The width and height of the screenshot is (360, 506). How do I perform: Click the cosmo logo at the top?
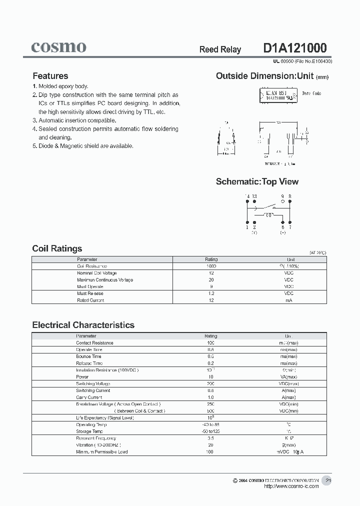[x=58, y=47]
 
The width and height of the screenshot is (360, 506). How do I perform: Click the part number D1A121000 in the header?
[x=294, y=48]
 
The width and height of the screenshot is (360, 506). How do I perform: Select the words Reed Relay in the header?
[x=220, y=49]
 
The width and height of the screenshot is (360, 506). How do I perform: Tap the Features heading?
[x=50, y=76]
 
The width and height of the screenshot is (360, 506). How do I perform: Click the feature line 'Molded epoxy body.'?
[x=63, y=86]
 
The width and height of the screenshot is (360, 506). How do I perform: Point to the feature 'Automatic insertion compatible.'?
[x=77, y=120]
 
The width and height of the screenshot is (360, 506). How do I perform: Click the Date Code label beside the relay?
[x=311, y=93]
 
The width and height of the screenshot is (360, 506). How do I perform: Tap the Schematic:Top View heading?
[x=257, y=181]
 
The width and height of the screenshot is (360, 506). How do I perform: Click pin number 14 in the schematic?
[x=246, y=196]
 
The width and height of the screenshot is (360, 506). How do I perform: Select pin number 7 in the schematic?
[x=290, y=227]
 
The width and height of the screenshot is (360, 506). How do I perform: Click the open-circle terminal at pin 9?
[x=282, y=201]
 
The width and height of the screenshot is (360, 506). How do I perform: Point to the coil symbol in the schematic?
[x=268, y=215]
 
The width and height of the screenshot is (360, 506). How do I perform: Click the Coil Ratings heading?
[x=57, y=248]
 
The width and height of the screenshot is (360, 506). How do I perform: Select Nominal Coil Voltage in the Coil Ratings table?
[x=96, y=273]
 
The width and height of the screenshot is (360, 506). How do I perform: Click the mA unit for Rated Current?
[x=288, y=300]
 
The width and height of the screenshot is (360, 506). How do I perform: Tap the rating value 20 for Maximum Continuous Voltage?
[x=210, y=280]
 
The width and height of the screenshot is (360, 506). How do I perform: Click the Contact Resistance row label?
[x=94, y=343]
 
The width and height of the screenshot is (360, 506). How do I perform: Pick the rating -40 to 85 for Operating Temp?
[x=210, y=424]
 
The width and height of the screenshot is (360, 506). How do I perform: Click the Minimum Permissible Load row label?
[x=101, y=451]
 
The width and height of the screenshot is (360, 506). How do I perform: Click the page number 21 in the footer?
[x=328, y=480]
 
